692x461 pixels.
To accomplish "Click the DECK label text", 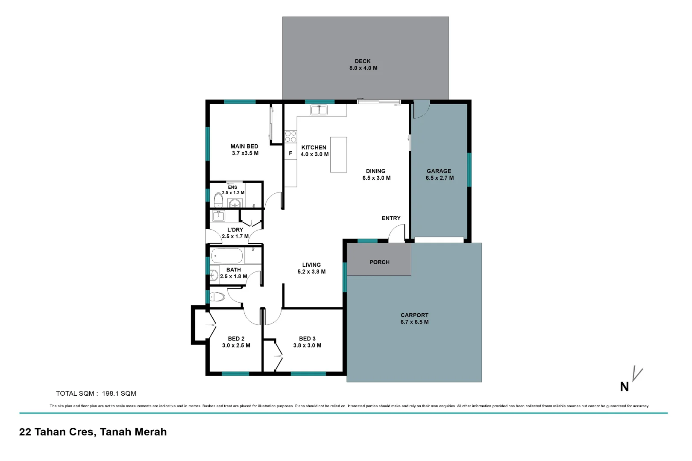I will pyautogui.click(x=363, y=61).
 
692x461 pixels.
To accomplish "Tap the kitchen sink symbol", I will pyautogui.click(x=319, y=110).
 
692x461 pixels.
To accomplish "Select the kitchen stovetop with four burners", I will pyautogui.click(x=290, y=137).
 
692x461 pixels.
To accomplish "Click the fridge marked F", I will pyautogui.click(x=290, y=153).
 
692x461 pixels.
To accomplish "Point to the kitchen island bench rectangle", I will pyautogui.click(x=338, y=155).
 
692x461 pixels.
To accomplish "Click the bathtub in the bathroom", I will pyautogui.click(x=227, y=256).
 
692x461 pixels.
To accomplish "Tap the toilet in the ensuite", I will pyautogui.click(x=218, y=200).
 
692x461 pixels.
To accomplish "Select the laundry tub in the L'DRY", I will pyautogui.click(x=218, y=216).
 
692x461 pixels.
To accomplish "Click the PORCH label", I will pyautogui.click(x=379, y=262).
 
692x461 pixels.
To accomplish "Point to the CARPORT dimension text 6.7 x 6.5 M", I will pyautogui.click(x=414, y=322).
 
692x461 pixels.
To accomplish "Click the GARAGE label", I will pyautogui.click(x=439, y=171).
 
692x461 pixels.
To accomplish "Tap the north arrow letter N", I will pyautogui.click(x=624, y=387).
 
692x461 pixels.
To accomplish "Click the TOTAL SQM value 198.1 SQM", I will pyautogui.click(x=119, y=394).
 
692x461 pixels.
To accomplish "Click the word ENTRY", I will pyautogui.click(x=391, y=218).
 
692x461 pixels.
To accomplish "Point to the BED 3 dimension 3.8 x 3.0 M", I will pyautogui.click(x=307, y=345).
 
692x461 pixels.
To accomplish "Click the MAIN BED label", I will pyautogui.click(x=244, y=146).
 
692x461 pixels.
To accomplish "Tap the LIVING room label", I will pyautogui.click(x=311, y=265).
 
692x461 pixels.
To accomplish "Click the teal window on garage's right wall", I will pyautogui.click(x=469, y=169).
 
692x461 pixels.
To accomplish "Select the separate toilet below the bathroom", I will pyautogui.click(x=217, y=297).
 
